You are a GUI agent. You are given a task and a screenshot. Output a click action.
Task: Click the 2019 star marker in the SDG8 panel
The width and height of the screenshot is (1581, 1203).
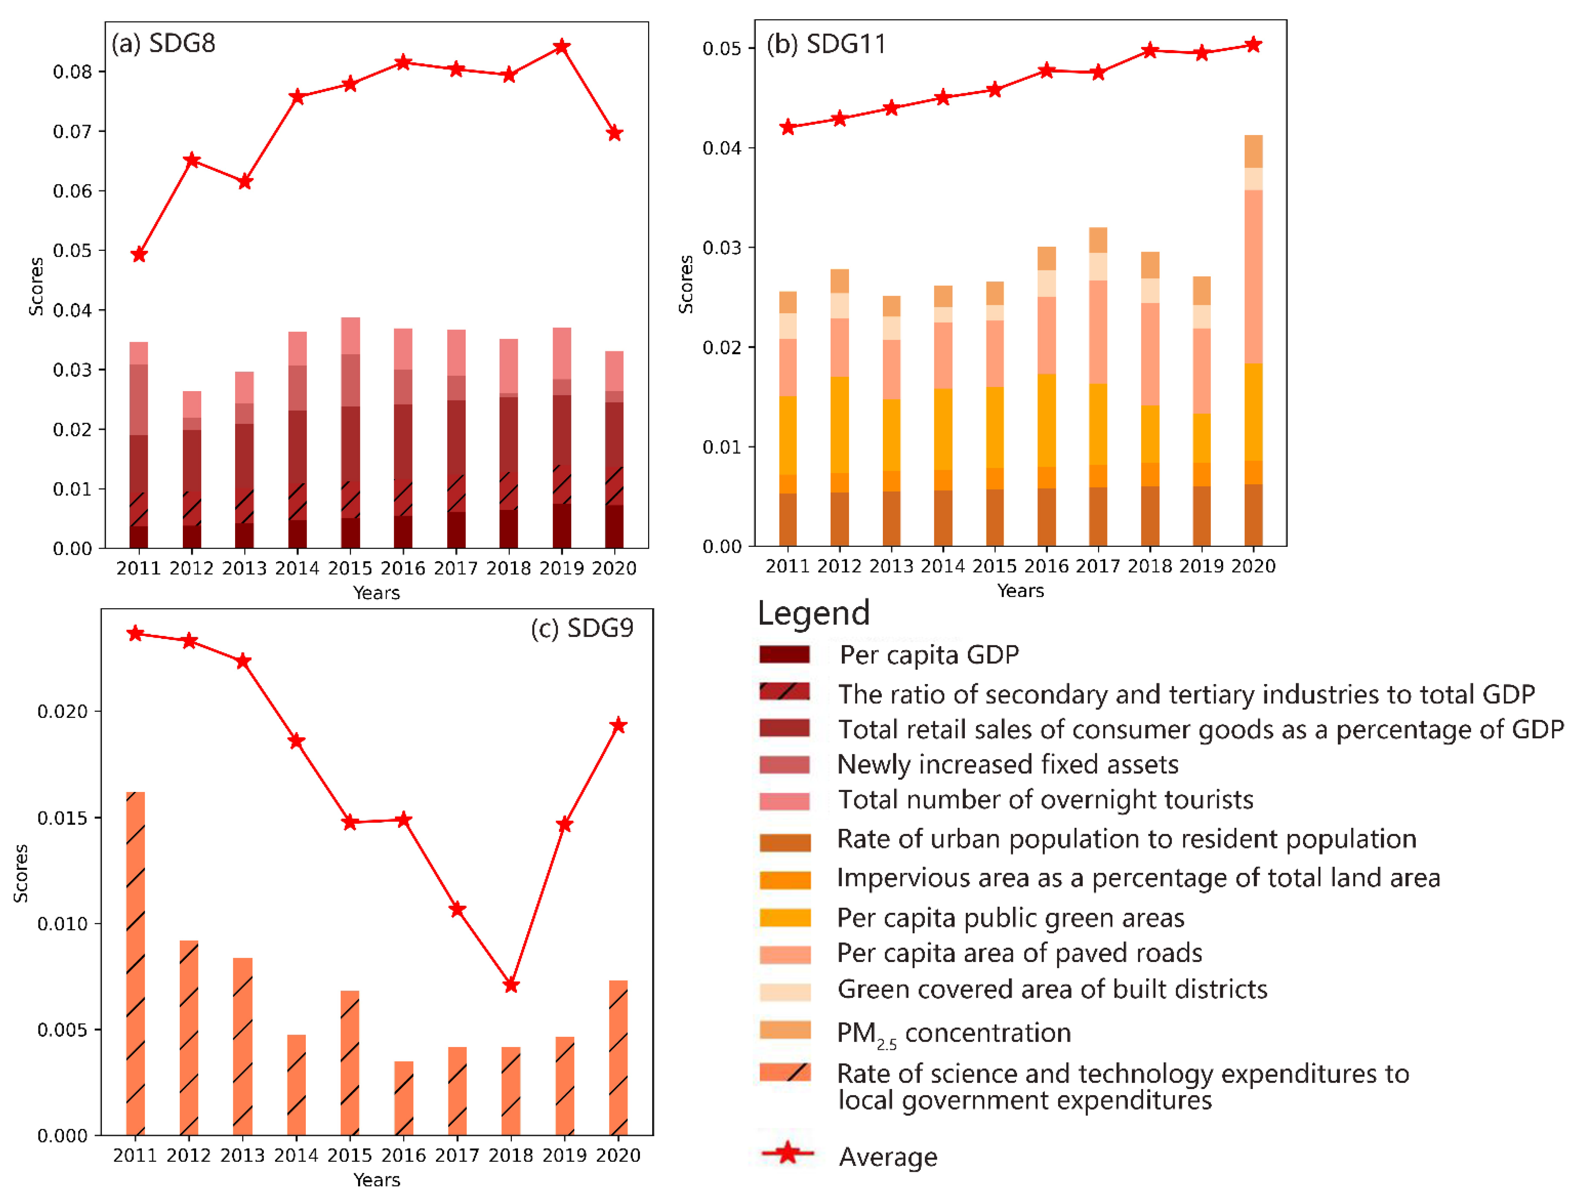coord(562,47)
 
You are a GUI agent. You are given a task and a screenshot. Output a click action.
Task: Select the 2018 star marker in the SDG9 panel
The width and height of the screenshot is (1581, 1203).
coord(511,985)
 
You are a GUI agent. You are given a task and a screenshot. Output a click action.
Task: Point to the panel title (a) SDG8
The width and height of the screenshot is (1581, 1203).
coord(163,44)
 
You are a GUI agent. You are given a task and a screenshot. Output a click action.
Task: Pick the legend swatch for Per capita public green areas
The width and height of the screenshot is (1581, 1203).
coord(785,917)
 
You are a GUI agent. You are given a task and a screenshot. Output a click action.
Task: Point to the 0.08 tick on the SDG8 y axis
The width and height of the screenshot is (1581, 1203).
coord(72,71)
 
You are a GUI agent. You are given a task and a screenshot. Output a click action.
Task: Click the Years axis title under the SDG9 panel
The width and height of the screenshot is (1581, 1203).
coord(377,1179)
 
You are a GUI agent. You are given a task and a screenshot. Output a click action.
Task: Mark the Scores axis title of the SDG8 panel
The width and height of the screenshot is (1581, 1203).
coord(36,287)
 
